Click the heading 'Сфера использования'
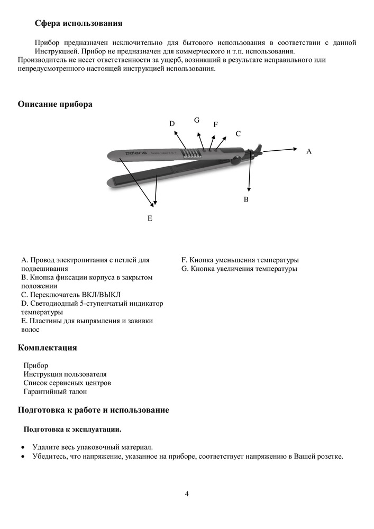click(x=78, y=23)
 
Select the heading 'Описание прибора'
click(x=55, y=104)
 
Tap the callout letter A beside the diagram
click(x=309, y=151)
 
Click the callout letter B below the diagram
click(x=246, y=200)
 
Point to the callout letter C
click(x=238, y=134)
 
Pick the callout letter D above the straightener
click(x=172, y=123)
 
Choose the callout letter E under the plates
click(x=150, y=218)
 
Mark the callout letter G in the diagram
click(x=197, y=120)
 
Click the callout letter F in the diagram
click(x=215, y=124)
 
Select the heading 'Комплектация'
click(x=48, y=348)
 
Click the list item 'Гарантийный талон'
click(x=55, y=391)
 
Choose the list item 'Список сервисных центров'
click(x=67, y=382)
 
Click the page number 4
click(x=187, y=494)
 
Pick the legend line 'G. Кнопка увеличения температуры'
click(x=239, y=269)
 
